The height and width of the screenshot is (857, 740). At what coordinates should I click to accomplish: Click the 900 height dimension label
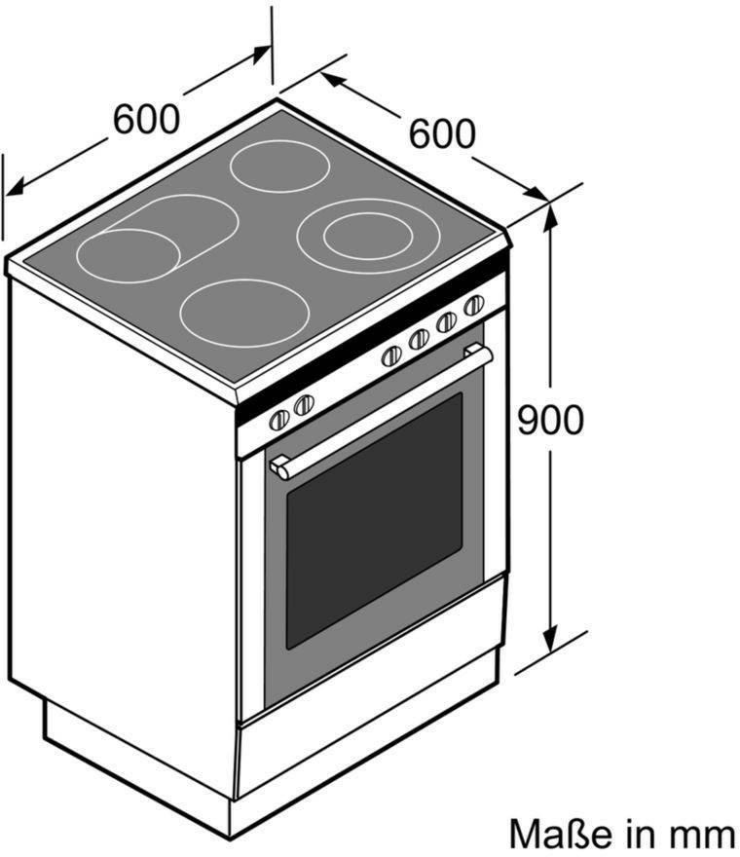tap(551, 420)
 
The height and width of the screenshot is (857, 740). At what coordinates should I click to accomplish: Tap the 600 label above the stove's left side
tap(146, 119)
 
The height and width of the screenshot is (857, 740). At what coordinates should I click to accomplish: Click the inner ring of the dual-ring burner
tap(368, 237)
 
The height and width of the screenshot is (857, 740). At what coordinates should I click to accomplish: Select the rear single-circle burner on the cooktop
tap(279, 167)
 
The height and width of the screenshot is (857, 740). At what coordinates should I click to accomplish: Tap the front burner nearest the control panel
tap(244, 313)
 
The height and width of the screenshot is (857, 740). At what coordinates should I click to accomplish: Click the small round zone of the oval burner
tap(129, 256)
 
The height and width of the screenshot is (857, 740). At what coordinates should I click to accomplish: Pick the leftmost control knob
tap(279, 420)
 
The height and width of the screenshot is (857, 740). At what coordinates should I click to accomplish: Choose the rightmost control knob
tap(474, 305)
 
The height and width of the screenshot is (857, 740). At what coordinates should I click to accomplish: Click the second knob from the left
tap(304, 404)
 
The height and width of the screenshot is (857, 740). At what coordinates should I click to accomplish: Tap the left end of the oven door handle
tap(279, 467)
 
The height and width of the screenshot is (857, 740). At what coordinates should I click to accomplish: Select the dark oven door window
tap(374, 521)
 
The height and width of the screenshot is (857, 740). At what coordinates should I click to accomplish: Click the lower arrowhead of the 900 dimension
tap(551, 642)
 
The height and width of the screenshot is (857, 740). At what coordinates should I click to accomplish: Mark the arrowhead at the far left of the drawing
tap(15, 187)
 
